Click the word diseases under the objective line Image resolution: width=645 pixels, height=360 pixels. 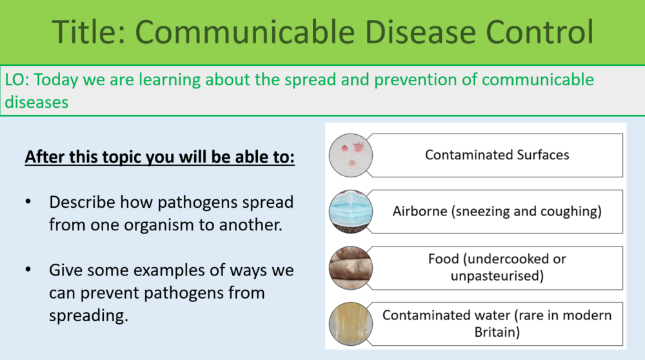click(x=37, y=102)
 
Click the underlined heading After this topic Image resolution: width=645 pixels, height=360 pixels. click(x=159, y=157)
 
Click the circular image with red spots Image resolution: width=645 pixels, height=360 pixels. click(x=350, y=155)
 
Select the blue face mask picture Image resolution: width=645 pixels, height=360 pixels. click(x=350, y=211)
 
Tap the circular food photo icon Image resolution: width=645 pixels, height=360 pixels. click(x=350, y=267)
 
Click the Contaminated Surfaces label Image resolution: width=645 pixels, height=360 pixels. click(x=497, y=155)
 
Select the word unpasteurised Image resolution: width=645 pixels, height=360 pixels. click(x=497, y=276)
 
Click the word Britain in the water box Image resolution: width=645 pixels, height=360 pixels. click(x=497, y=332)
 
